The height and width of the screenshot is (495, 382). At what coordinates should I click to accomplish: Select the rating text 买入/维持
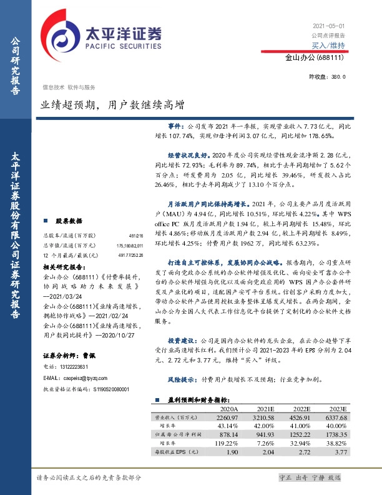328,46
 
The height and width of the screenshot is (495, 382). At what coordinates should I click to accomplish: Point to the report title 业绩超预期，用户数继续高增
112,106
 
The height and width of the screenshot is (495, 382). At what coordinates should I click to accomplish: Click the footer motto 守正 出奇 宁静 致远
310,477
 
